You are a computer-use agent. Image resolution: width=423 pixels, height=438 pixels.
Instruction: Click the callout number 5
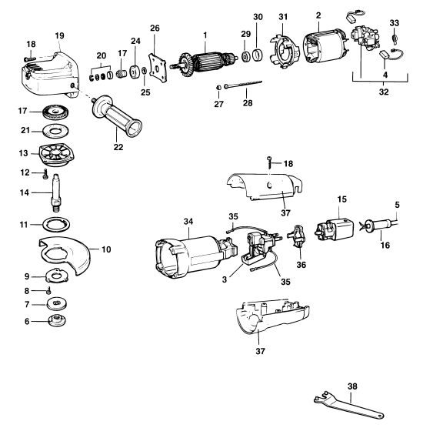[398, 206]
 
